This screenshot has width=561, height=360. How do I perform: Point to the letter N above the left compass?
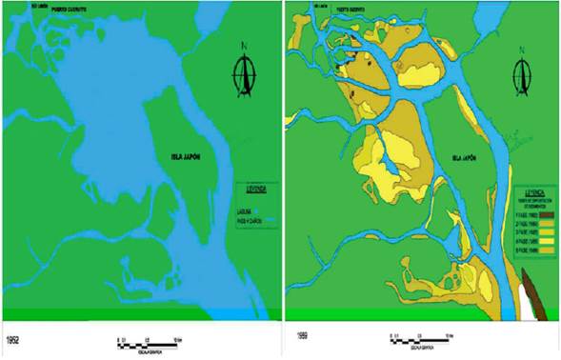coord(245,47)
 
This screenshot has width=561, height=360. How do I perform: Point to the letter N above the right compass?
coord(523,47)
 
